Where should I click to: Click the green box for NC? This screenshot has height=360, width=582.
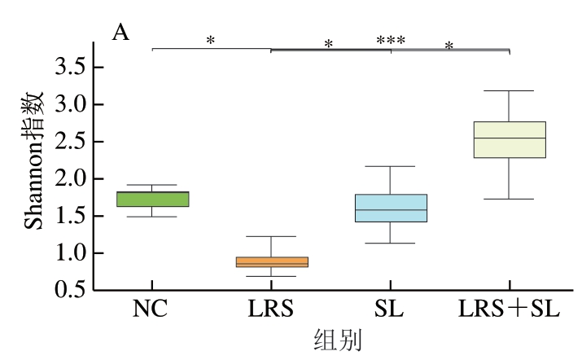pyautogui.click(x=152, y=199)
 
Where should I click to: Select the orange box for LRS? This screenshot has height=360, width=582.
pyautogui.click(x=273, y=262)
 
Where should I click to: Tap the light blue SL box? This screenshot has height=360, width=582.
pyautogui.click(x=392, y=208)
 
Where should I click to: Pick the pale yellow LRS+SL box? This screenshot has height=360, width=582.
pyautogui.click(x=510, y=139)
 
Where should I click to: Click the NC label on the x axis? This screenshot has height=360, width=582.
pyautogui.click(x=152, y=310)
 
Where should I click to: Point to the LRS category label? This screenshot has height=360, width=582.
pyautogui.click(x=273, y=310)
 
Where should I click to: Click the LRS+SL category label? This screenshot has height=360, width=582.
pyautogui.click(x=510, y=310)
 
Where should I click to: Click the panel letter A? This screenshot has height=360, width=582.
pyautogui.click(x=120, y=32)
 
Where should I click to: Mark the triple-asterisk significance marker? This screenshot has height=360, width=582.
pyautogui.click(x=391, y=40)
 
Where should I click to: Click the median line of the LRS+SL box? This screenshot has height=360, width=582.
pyautogui.click(x=510, y=138)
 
